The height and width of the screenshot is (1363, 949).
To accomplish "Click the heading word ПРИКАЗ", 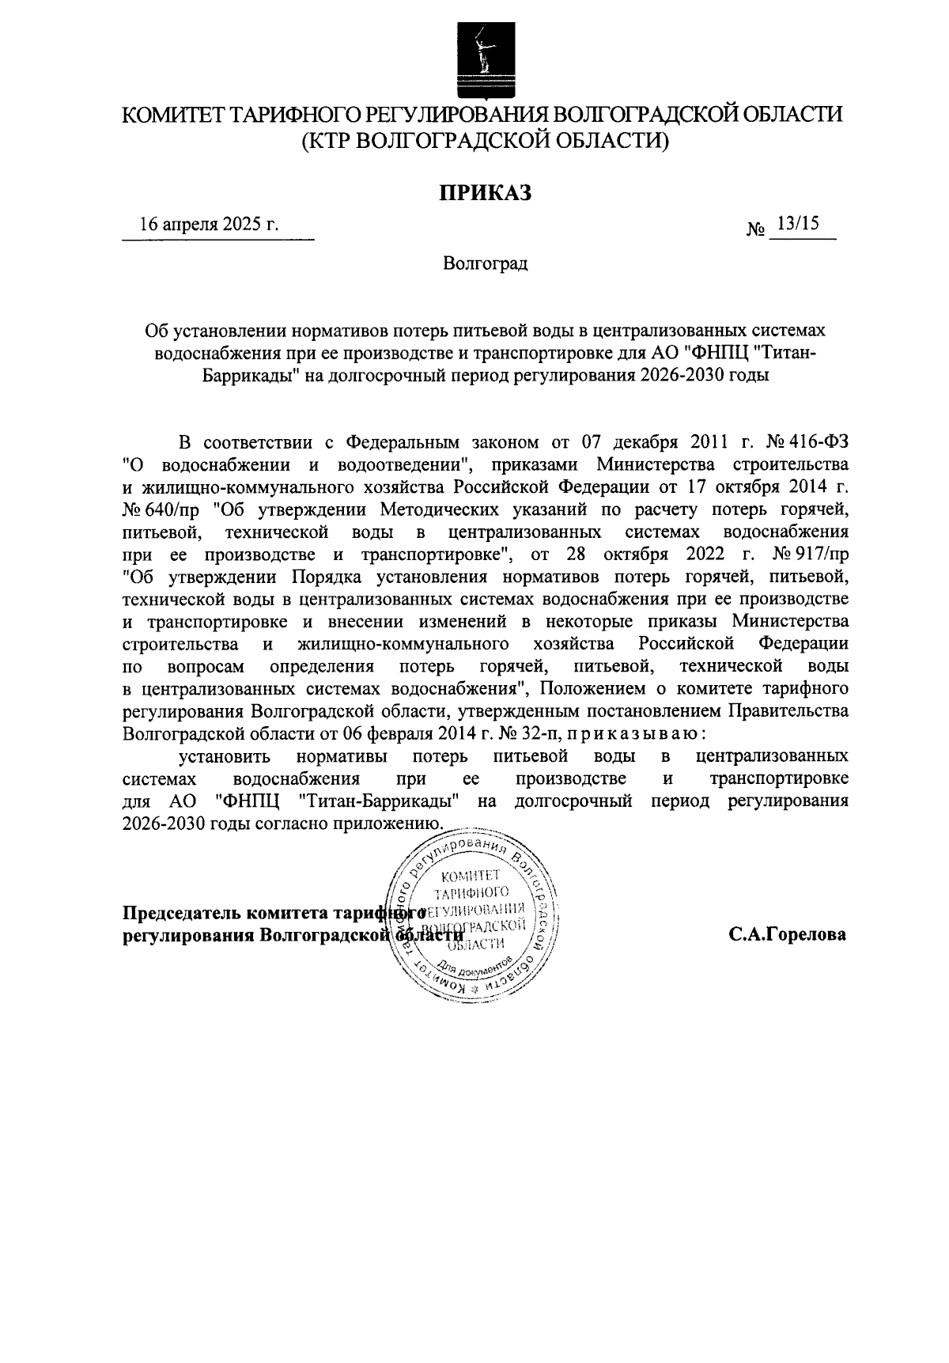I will click(485, 192).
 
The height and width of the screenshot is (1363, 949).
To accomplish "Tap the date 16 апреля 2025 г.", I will click(209, 224).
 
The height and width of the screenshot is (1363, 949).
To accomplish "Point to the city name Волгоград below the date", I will click(485, 263).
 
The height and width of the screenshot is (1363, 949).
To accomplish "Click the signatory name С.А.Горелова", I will click(788, 934).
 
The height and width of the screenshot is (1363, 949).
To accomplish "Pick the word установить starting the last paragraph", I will click(225, 755).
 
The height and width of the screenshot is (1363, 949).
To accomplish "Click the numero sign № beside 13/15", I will click(756, 229).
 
